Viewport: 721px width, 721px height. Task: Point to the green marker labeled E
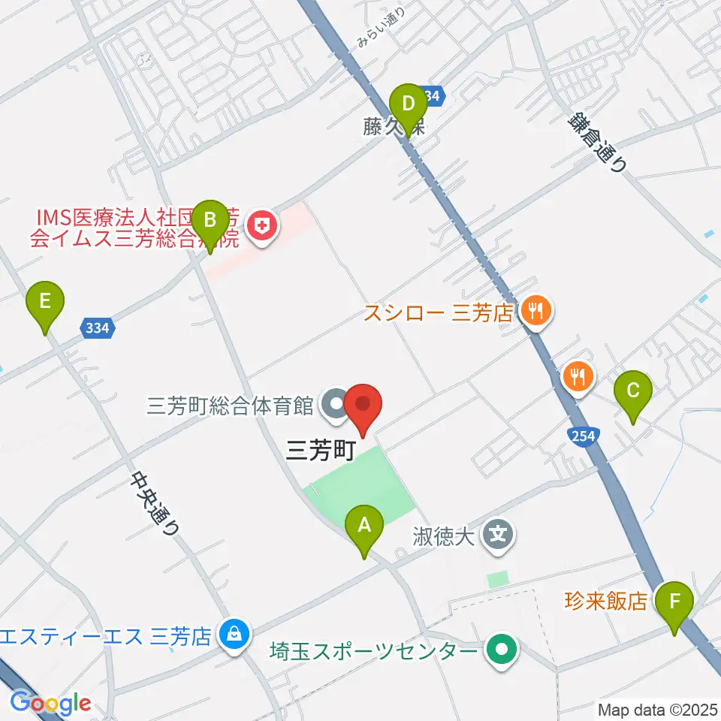pos(45,305)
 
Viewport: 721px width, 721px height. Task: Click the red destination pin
pos(364,406)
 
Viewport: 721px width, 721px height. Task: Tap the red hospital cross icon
pos(262,225)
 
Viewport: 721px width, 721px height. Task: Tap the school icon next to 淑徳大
pos(499,535)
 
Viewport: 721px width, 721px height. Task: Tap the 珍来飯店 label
pos(605,601)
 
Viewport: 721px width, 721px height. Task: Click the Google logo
pos(50,702)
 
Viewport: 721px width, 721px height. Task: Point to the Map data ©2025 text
pos(658,709)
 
